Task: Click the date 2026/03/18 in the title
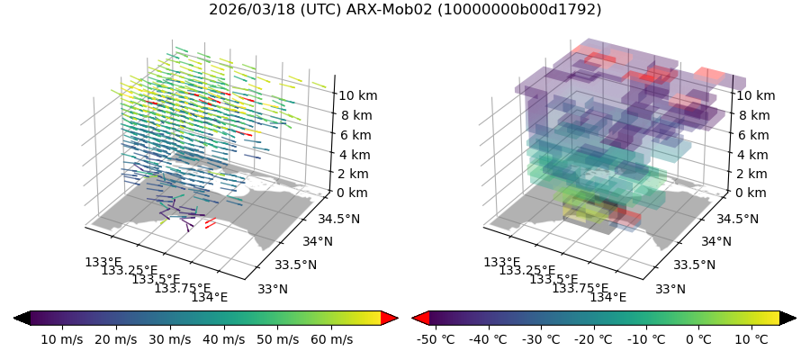click(x=247, y=10)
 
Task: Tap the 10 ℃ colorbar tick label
click(x=752, y=339)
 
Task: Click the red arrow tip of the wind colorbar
click(x=390, y=318)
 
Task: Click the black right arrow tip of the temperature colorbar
click(x=788, y=318)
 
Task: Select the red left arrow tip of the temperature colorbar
click(x=420, y=318)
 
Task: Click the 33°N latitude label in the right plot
click(x=670, y=289)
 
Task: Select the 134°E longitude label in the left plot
click(x=210, y=298)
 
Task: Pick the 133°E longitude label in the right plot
click(x=502, y=262)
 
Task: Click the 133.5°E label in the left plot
click(x=157, y=280)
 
